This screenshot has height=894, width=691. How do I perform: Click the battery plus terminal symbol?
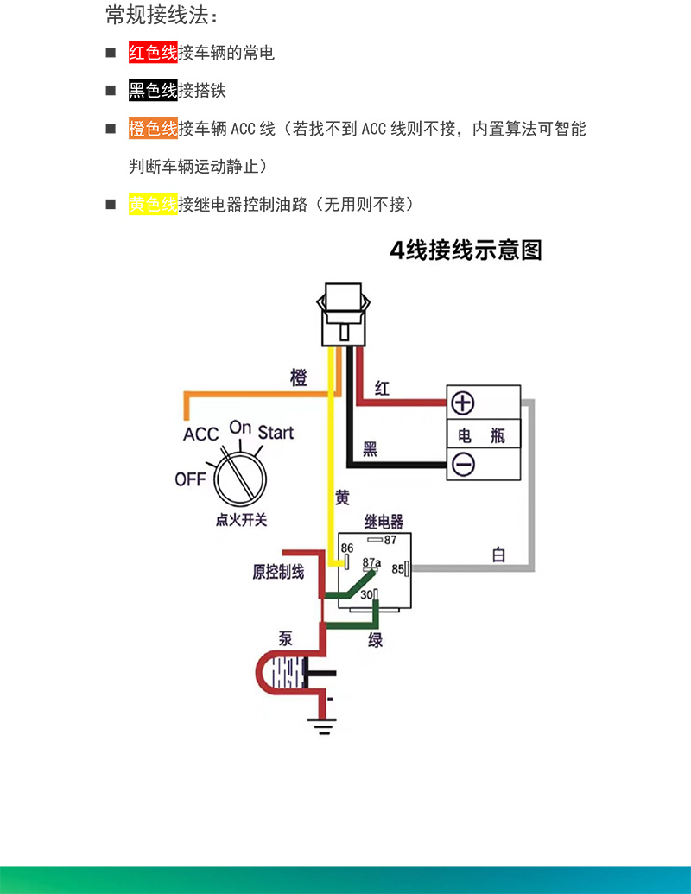(x=464, y=403)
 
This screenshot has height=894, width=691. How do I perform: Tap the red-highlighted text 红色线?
(x=153, y=53)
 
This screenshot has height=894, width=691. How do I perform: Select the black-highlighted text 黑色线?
(x=153, y=91)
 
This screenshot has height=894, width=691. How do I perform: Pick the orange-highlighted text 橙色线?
(x=153, y=129)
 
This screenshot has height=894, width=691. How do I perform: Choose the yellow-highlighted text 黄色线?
(x=153, y=205)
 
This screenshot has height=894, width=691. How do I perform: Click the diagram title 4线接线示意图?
(x=466, y=250)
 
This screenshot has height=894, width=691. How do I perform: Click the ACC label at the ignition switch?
(x=200, y=434)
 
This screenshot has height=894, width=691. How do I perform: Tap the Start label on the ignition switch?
(x=276, y=432)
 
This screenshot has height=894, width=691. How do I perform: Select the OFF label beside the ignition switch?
(x=190, y=478)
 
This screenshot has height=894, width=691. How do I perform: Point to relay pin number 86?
(x=347, y=548)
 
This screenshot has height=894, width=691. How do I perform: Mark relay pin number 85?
(x=398, y=569)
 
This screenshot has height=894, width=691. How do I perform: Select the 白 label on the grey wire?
(x=498, y=555)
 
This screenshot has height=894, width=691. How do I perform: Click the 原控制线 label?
(x=278, y=572)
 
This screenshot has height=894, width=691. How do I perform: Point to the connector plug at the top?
(x=345, y=316)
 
